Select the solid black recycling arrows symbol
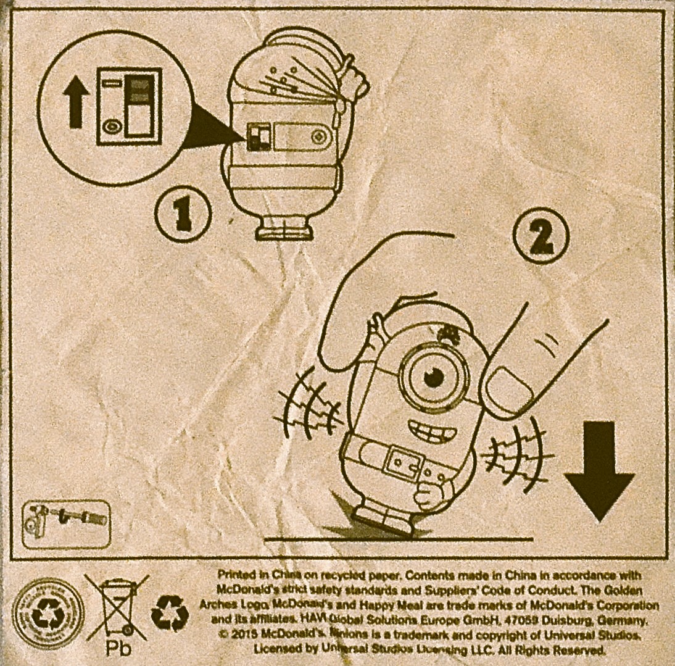click(x=170, y=613)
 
